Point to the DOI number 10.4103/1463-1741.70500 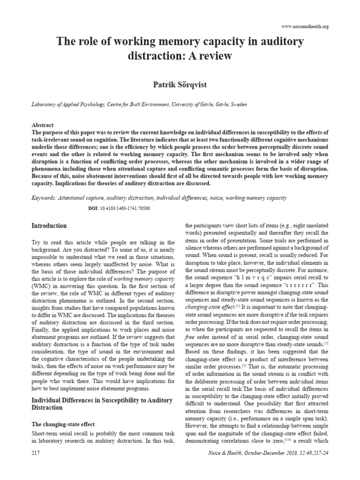pyautogui.click(x=124, y=208)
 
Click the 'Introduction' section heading pyautogui.click(x=49, y=226)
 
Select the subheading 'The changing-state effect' pyautogui.click(x=63, y=424)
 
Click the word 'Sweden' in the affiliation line pyautogui.click(x=238, y=105)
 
